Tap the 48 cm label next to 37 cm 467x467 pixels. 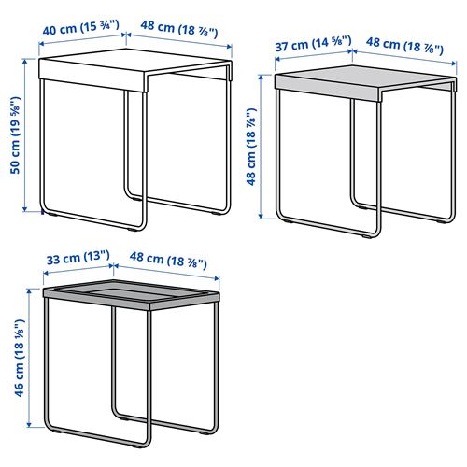[404, 42]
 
